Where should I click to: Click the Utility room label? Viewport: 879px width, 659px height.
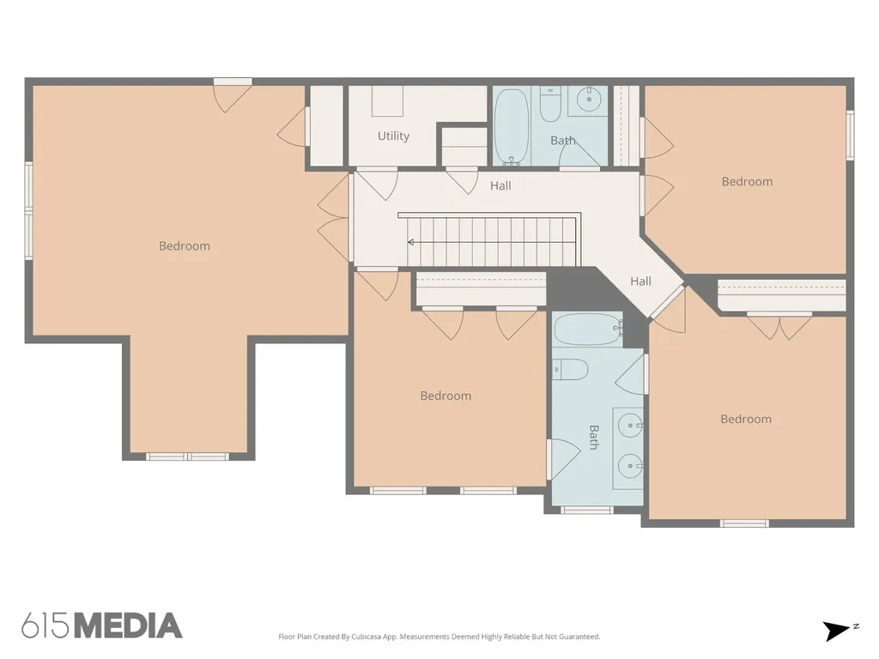(x=393, y=136)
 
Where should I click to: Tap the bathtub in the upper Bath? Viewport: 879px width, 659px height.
(x=512, y=127)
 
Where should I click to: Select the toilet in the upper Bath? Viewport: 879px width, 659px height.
(x=550, y=104)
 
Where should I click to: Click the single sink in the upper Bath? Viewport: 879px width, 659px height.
(x=589, y=100)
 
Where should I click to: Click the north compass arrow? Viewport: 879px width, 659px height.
(x=839, y=631)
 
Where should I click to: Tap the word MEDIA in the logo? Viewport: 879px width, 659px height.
(x=129, y=626)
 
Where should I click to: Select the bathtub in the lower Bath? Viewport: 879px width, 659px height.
(x=588, y=329)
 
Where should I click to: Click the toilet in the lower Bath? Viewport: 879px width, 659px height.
(x=570, y=370)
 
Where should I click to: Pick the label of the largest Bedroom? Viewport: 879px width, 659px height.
(x=185, y=246)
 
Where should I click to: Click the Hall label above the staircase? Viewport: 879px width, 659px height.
(x=500, y=186)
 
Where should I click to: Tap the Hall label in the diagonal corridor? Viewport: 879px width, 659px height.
(x=640, y=281)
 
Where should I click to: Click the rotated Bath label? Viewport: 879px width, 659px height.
(x=594, y=437)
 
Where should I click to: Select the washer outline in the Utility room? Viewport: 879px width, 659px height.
(x=387, y=101)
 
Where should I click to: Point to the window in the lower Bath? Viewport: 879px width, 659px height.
(x=586, y=510)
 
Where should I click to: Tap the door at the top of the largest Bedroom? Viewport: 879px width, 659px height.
(x=233, y=96)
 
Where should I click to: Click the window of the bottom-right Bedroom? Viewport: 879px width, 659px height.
(x=744, y=523)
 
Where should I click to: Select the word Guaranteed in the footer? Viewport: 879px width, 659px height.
(x=579, y=637)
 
